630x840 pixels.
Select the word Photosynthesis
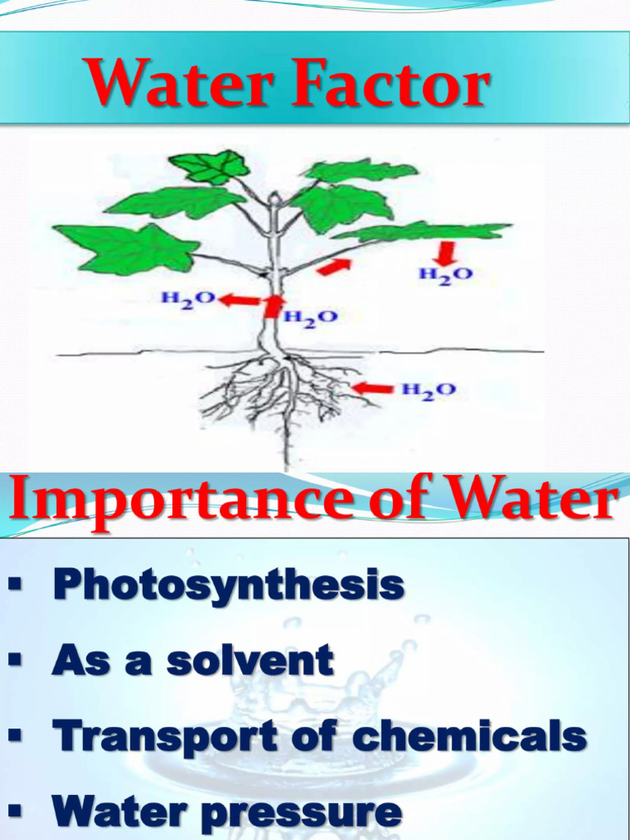point(228,585)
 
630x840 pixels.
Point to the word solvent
point(250,661)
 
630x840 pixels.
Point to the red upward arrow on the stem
point(272,305)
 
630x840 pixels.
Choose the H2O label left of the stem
point(188,299)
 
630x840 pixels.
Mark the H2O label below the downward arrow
point(446,275)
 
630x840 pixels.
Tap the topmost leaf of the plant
point(209,167)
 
